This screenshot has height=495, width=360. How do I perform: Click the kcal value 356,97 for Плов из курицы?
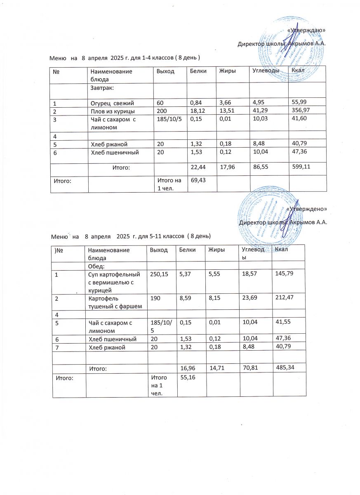click(x=301, y=112)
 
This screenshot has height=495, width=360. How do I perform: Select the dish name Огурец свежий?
click(x=113, y=102)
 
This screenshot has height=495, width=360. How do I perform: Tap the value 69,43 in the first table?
click(x=198, y=180)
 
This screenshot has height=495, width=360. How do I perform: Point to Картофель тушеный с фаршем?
click(x=113, y=302)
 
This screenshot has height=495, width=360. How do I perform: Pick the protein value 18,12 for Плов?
click(x=198, y=112)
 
